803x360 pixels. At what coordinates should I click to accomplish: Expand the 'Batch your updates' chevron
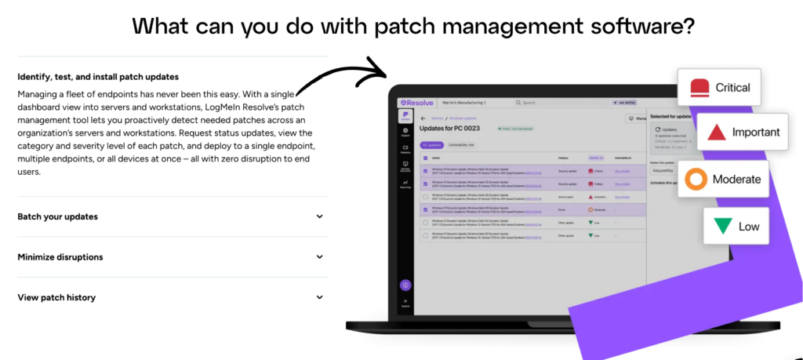320,216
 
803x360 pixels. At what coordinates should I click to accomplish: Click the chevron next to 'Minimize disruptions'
320,257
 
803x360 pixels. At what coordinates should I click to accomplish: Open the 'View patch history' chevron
320,297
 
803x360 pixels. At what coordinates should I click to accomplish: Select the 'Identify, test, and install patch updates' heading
98,77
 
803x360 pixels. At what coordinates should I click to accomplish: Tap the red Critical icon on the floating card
699,87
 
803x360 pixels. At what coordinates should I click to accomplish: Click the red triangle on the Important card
716,133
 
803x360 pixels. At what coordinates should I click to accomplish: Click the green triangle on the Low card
722,226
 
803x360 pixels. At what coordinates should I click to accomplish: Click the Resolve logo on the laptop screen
415,102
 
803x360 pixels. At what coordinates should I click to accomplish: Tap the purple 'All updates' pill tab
432,145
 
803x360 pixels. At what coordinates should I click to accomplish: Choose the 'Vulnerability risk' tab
463,145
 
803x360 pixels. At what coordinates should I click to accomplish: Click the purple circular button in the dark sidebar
405,285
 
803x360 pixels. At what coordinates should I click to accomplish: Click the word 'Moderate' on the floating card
736,180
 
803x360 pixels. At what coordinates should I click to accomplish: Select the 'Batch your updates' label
58,216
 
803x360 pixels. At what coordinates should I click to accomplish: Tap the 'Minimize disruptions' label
60,257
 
